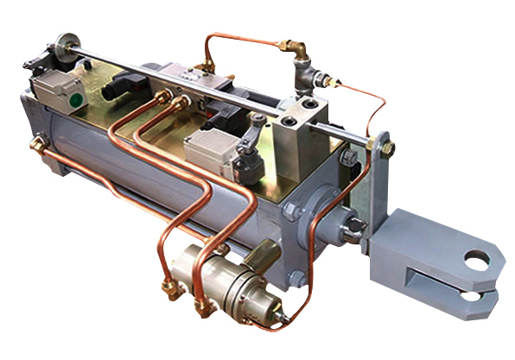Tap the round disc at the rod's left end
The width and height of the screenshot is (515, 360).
pyautogui.click(x=62, y=44)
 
